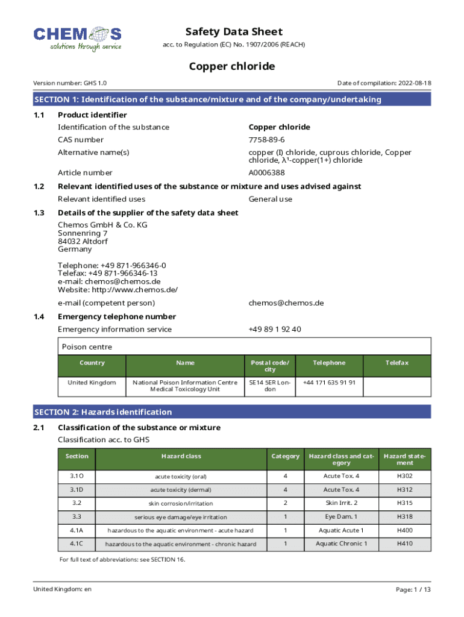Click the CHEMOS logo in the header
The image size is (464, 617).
(78, 39)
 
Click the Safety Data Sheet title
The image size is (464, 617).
(234, 32)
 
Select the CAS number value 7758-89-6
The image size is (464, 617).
(267, 140)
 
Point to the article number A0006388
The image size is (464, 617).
(267, 173)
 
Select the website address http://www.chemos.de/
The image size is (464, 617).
(118, 289)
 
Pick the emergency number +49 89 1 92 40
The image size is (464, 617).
(275, 329)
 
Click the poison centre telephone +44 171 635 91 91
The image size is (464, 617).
(329, 383)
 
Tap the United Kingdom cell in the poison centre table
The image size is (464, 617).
(92, 383)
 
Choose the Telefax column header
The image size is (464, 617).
(397, 363)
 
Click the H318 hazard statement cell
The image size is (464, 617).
(406, 517)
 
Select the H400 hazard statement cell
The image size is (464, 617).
(406, 530)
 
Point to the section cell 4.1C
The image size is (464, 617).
(77, 543)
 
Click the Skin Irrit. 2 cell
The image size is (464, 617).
(341, 503)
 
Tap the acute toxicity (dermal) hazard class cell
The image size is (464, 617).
(181, 490)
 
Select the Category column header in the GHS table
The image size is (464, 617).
(285, 456)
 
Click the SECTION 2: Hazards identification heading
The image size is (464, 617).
(103, 412)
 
